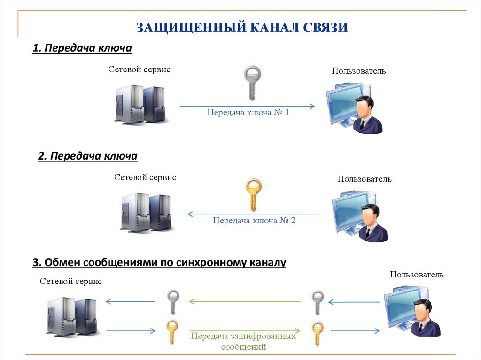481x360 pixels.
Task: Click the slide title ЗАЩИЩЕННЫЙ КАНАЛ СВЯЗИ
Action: point(242,27)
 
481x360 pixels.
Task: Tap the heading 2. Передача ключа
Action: point(87,156)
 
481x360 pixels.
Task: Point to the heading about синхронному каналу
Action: point(159,262)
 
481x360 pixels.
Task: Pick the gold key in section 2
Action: point(253,194)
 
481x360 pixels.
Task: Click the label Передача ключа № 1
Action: point(248,113)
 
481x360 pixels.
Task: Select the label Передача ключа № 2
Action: point(254,220)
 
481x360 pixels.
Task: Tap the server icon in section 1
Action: point(139,104)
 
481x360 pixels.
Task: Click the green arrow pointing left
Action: point(244,301)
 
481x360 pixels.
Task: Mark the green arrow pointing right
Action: point(244,331)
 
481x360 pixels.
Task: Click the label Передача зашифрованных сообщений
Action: point(243,342)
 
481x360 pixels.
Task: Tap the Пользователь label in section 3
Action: point(416,275)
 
